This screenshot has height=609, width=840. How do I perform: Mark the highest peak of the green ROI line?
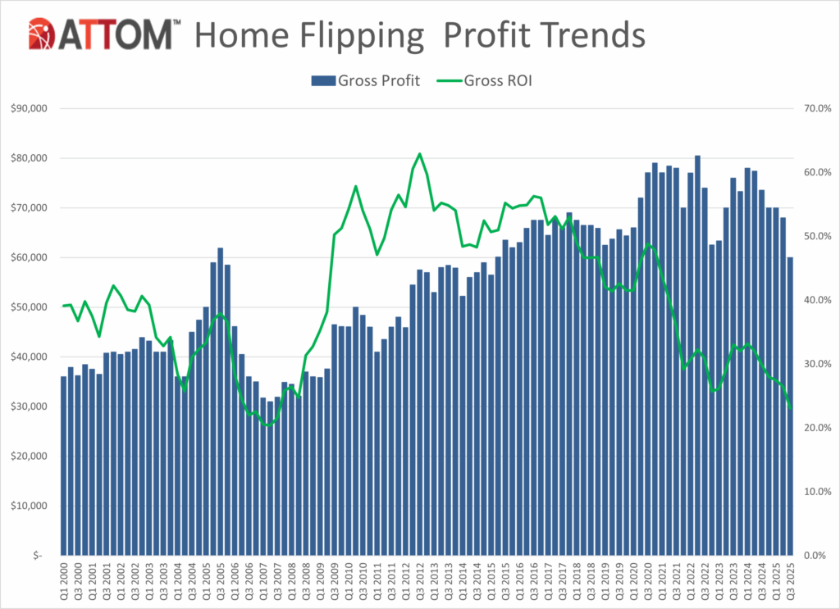point(419,153)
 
